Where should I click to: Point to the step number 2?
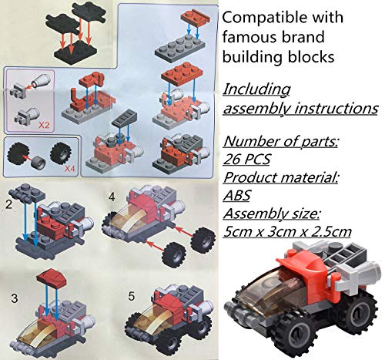9,204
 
